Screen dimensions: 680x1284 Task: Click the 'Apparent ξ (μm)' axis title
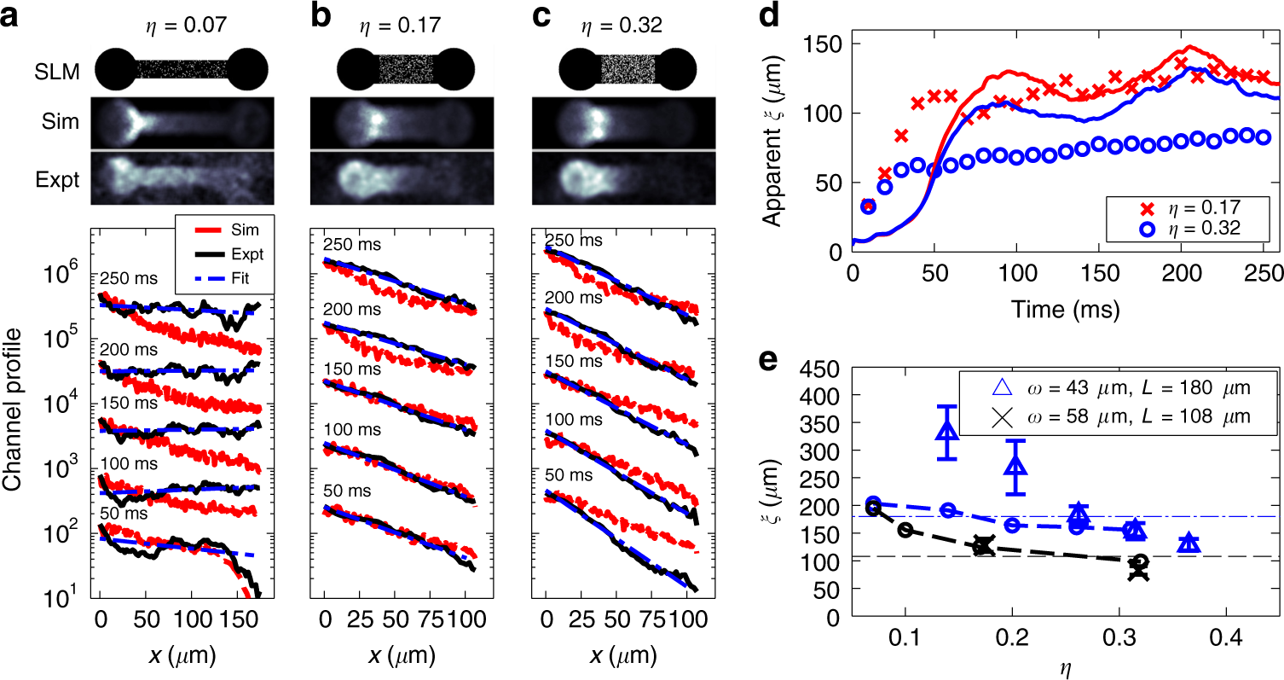(x=773, y=134)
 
